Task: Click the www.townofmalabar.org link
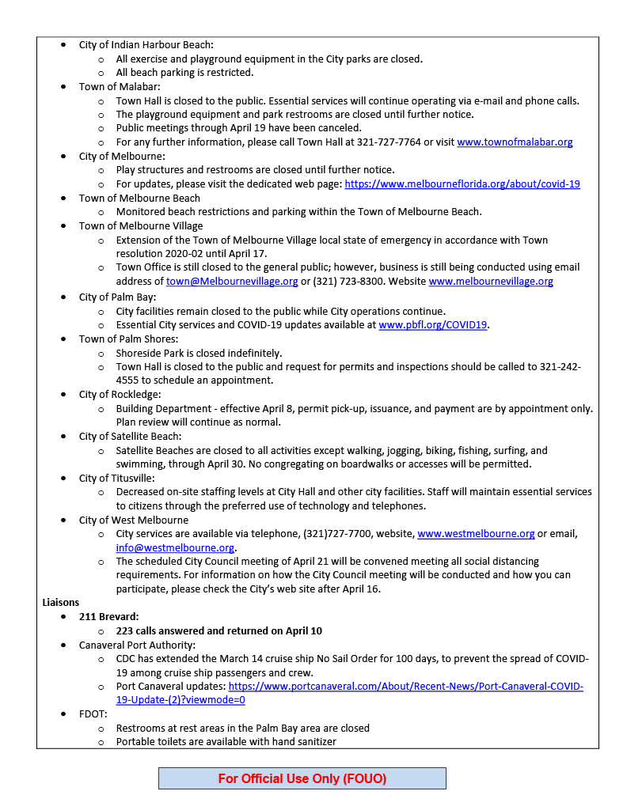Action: point(515,142)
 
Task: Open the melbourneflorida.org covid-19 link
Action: point(462,184)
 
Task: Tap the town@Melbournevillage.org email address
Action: point(232,282)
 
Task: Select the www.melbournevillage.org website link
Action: point(491,282)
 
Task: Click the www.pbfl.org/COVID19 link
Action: point(433,325)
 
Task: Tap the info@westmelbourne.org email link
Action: point(175,547)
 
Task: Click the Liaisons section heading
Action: point(61,603)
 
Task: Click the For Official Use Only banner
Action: point(302,778)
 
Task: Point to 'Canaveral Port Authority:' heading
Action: point(137,645)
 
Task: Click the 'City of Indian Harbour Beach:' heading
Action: point(146,45)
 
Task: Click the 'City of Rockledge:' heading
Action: point(120,395)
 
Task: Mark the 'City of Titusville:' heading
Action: point(116,478)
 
